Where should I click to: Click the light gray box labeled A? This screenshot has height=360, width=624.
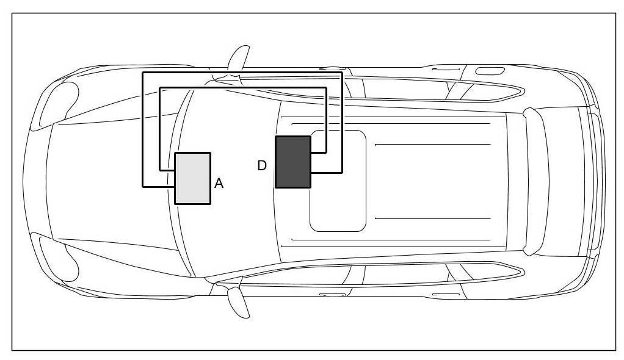[192, 178]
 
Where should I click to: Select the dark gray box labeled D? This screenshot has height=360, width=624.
[293, 162]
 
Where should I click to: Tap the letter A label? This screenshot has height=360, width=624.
[219, 184]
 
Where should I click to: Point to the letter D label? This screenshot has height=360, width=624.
[262, 165]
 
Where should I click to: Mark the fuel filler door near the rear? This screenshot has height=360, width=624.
[485, 71]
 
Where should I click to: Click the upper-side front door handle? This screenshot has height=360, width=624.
[332, 68]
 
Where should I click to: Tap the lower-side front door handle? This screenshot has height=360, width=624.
[332, 295]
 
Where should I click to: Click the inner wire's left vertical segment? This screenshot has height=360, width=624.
[160, 128]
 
